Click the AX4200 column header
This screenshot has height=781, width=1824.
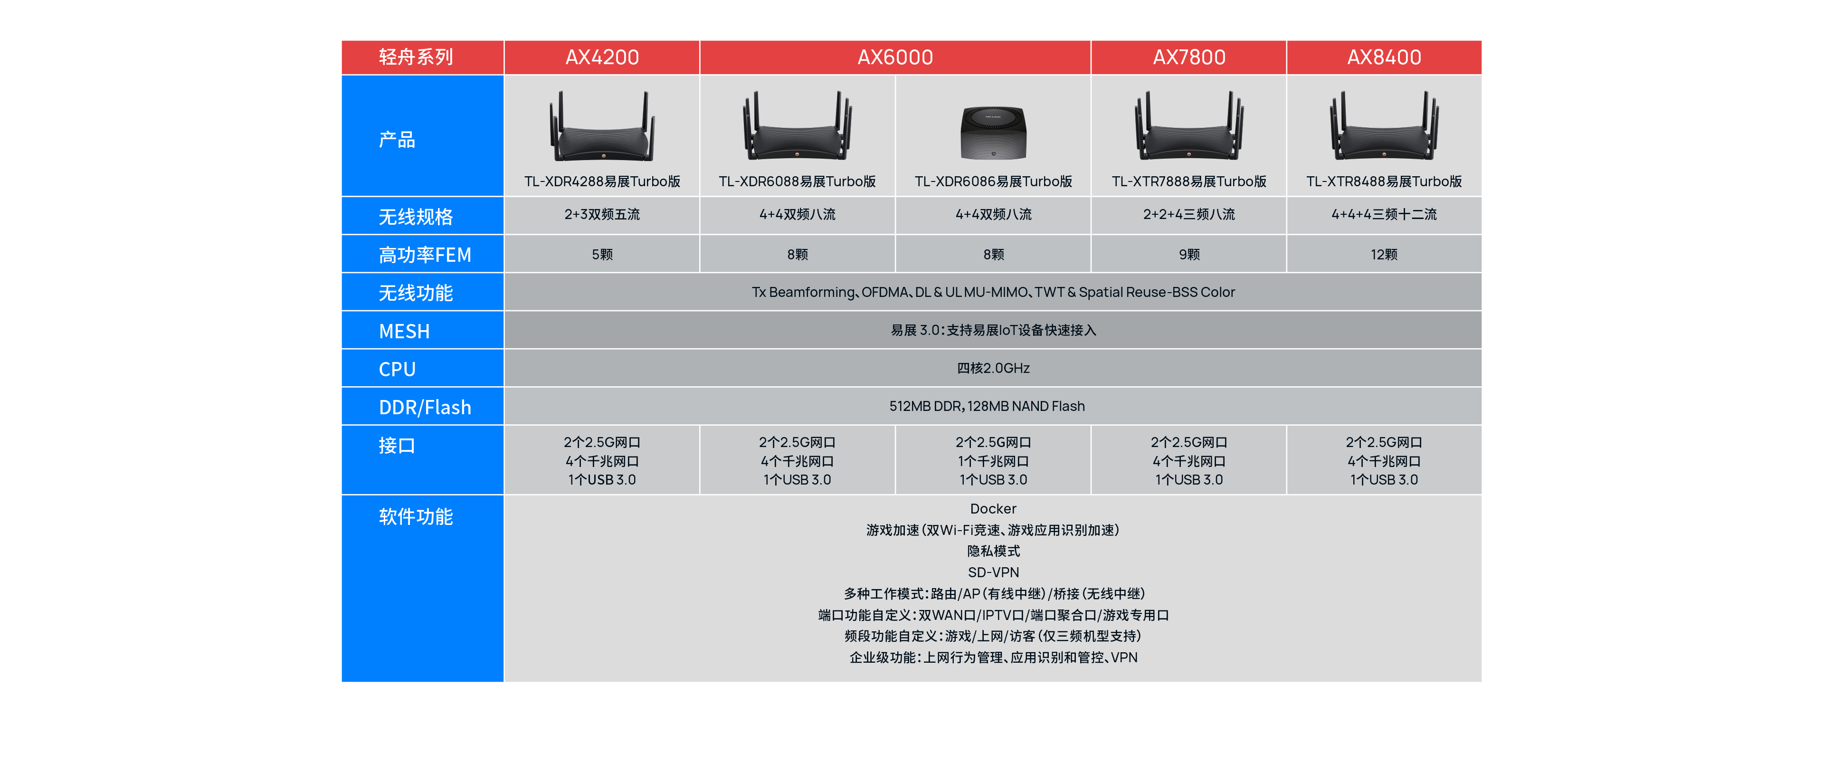tap(602, 57)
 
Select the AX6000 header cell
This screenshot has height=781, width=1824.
tap(895, 57)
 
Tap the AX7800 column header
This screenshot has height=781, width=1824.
tap(1189, 57)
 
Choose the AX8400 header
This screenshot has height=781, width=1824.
tap(1384, 57)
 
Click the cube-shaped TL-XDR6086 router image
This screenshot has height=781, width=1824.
tap(993, 133)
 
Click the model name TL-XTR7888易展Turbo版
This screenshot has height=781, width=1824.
tap(1189, 181)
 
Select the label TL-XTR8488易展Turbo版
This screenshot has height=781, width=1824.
tap(1384, 181)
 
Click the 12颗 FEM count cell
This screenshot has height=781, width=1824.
tap(1384, 254)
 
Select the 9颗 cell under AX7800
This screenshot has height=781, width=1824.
tap(1189, 254)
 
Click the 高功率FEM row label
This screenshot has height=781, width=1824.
tap(425, 255)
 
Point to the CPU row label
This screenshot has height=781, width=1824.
tap(397, 370)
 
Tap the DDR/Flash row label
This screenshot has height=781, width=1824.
tap(425, 408)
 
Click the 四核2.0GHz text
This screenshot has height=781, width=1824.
tap(993, 368)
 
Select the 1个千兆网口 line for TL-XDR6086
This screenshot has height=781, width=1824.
tap(993, 461)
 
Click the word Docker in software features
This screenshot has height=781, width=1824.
tap(993, 508)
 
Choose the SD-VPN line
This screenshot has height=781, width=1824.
tap(993, 572)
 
